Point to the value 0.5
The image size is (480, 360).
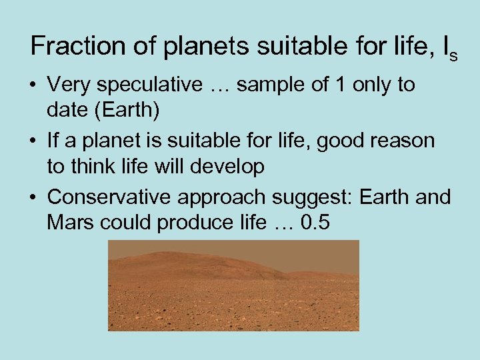[315, 222]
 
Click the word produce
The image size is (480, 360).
[194, 223]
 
